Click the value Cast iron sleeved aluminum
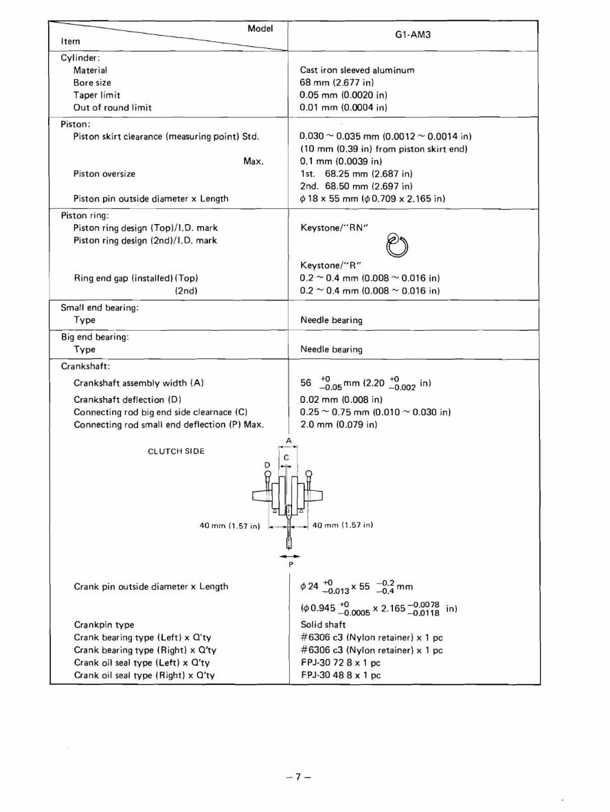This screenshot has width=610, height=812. tap(357, 69)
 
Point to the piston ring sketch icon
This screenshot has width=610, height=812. tap(397, 244)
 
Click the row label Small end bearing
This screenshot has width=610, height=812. tap(100, 308)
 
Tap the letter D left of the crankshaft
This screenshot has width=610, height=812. tap(267, 465)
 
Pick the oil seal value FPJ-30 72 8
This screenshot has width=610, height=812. tap(341, 663)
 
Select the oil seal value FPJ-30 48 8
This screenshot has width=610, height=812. tap(341, 675)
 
